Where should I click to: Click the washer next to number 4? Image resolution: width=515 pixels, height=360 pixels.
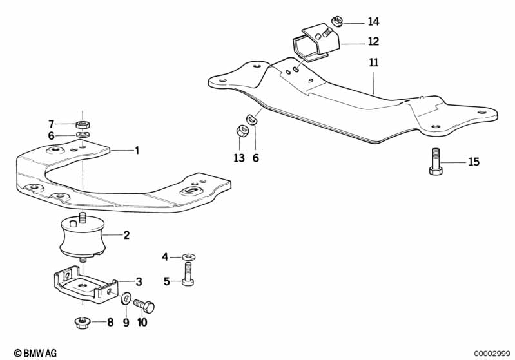[187, 257]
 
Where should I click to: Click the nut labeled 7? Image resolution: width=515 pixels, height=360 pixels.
[82, 124]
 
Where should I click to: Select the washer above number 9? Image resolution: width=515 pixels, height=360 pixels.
[126, 298]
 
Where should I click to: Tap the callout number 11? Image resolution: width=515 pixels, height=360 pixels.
[374, 64]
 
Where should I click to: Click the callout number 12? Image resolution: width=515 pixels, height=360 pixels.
[374, 41]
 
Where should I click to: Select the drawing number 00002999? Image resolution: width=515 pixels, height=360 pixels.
[492, 353]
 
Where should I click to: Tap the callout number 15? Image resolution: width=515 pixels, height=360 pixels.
[474, 162]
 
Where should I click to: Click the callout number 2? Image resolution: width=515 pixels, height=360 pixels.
[126, 236]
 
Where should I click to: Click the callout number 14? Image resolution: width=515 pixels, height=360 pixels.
[374, 21]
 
